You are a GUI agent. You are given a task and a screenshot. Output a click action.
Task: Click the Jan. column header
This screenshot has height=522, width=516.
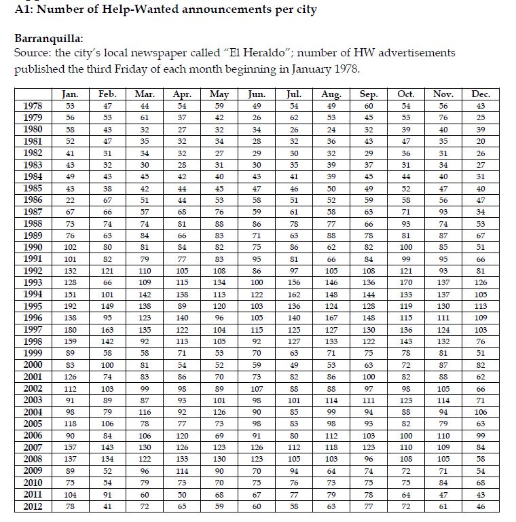tap(69, 94)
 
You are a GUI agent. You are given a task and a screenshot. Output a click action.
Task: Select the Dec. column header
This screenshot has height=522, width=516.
tap(481, 94)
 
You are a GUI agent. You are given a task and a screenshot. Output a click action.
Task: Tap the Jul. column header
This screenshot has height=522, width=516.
tap(294, 94)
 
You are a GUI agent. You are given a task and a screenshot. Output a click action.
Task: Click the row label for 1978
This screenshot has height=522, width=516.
tap(33, 106)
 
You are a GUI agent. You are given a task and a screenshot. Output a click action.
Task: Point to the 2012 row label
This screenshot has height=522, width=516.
tap(33, 506)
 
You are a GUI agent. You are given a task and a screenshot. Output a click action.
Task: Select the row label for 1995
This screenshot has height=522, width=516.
tap(33, 306)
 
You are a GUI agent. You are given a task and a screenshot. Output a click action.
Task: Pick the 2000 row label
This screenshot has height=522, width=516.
tap(33, 365)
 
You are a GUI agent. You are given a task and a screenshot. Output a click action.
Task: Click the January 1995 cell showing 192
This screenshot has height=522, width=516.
tap(69, 306)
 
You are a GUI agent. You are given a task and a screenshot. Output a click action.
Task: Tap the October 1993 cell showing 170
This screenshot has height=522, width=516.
tap(406, 282)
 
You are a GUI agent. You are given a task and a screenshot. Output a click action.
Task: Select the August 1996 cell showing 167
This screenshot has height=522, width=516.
tap(331, 318)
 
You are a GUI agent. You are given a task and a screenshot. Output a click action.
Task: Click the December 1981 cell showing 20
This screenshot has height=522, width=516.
tap(481, 141)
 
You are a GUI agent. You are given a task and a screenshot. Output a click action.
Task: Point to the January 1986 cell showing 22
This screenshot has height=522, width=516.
tap(69, 200)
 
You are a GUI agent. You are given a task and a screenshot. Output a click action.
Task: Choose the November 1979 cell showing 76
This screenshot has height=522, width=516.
tap(443, 117)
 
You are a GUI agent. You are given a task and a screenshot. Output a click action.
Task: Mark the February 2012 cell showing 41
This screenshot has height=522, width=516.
tap(107, 506)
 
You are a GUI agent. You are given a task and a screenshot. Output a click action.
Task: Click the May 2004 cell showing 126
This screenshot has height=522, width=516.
tap(219, 412)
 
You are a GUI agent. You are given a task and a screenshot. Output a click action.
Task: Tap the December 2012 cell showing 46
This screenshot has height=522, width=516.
tap(481, 506)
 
